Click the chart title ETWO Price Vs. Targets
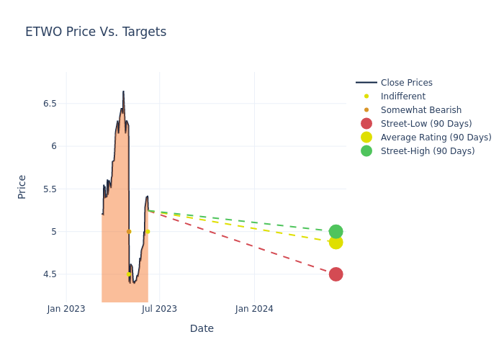click(x=96, y=32)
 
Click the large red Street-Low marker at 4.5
click(x=336, y=274)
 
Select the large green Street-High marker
click(x=336, y=231)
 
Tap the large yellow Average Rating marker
click(x=336, y=242)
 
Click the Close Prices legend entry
click(x=406, y=83)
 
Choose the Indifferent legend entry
click(x=402, y=96)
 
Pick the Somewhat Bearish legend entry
click(x=420, y=110)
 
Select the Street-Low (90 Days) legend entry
click(x=427, y=124)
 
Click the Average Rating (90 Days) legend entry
click(x=436, y=138)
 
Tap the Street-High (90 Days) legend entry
click(x=428, y=151)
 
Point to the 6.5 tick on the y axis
click(x=49, y=104)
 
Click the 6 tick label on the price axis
click(x=53, y=146)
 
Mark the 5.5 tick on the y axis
click(x=49, y=189)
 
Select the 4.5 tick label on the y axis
click(x=49, y=274)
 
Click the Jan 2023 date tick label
click(x=66, y=309)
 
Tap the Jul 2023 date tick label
click(x=159, y=309)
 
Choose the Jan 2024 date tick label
click(x=254, y=309)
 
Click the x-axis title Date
click(x=202, y=329)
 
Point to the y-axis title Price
click(x=22, y=186)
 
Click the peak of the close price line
click(x=123, y=91)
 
